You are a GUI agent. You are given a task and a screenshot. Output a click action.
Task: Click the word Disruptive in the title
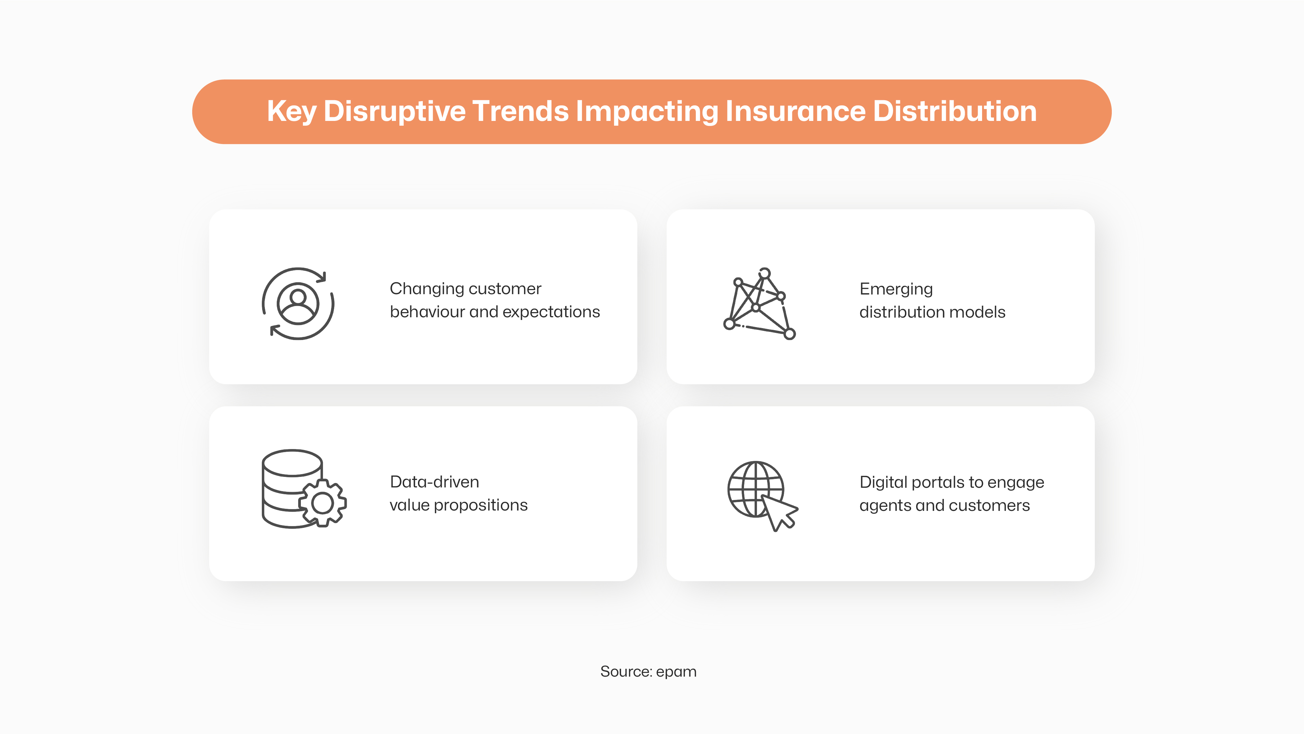[x=394, y=112]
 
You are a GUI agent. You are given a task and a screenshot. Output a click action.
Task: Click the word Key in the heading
[x=292, y=112]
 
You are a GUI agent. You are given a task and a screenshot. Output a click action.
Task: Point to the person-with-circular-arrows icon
[x=298, y=304]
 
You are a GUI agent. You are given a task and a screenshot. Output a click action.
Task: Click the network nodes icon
[x=759, y=304]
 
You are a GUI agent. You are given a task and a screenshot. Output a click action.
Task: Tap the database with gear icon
[x=304, y=489]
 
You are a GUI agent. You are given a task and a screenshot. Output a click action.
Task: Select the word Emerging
[x=896, y=289]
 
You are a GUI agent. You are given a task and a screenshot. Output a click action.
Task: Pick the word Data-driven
[x=434, y=482]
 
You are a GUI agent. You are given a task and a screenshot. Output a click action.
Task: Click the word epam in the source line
[x=676, y=672]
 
